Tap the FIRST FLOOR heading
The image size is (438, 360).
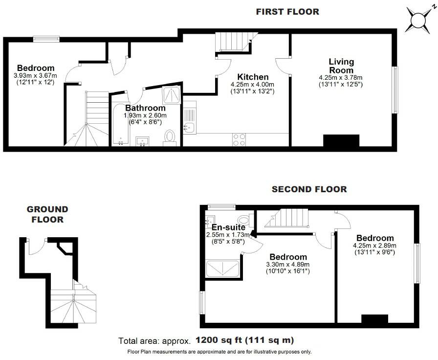pyautogui.click(x=287, y=12)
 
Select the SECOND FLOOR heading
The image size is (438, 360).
pyautogui.click(x=309, y=189)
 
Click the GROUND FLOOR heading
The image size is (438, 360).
pyautogui.click(x=47, y=214)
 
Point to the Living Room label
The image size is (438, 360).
pyautogui.click(x=341, y=66)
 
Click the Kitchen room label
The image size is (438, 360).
pyautogui.click(x=253, y=77)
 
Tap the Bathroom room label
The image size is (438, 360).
pyautogui.click(x=145, y=108)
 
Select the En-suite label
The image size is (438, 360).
pyautogui.click(x=227, y=227)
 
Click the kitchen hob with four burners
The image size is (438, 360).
pyautogui.click(x=240, y=140)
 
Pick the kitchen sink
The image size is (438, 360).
pyautogui.click(x=189, y=128)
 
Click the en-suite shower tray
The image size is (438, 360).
pyautogui.click(x=223, y=269)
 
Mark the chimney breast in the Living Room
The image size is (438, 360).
pyautogui.click(x=342, y=140)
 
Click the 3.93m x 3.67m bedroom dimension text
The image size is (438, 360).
pyautogui.click(x=35, y=76)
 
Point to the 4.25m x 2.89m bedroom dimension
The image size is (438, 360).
pyautogui.click(x=374, y=246)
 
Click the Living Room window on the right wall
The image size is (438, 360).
pyautogui.click(x=395, y=90)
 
